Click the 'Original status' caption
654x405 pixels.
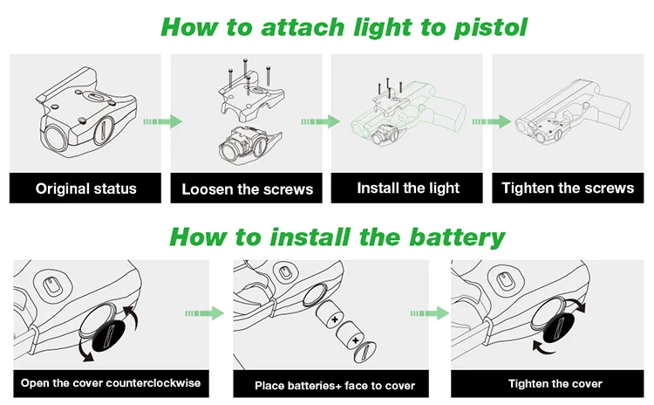click(x=85, y=189)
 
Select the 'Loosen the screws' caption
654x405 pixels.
click(x=247, y=189)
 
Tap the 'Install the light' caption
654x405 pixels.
click(x=407, y=189)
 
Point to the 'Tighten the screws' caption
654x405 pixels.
click(x=568, y=189)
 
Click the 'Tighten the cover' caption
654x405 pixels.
click(x=555, y=384)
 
